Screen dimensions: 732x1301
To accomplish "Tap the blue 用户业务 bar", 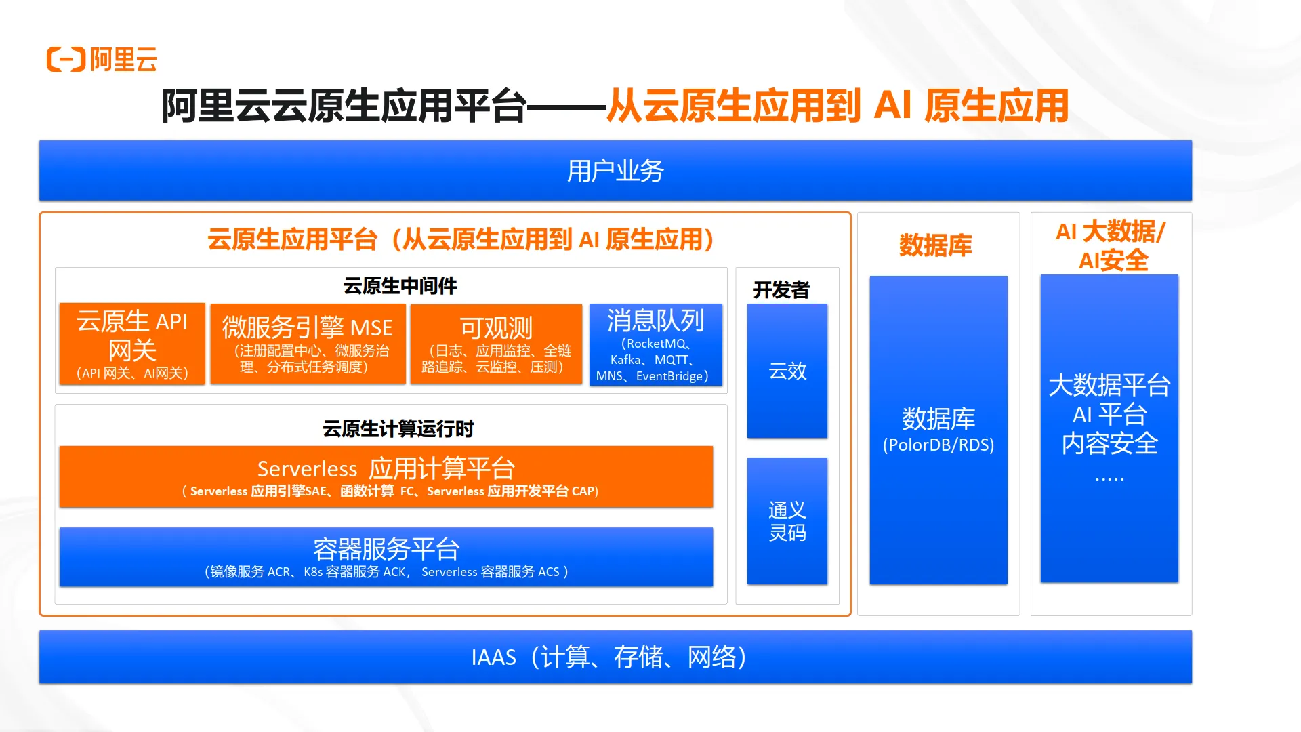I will [x=615, y=171].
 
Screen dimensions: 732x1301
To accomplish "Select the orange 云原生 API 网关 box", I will [x=132, y=344].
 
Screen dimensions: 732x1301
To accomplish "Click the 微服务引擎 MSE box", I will [x=308, y=344].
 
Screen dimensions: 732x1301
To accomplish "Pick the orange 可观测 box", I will [x=496, y=344].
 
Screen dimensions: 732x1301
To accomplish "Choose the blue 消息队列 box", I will [x=655, y=344].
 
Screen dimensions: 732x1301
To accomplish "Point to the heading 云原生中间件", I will [x=400, y=286].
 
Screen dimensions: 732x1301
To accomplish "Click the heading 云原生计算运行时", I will [x=398, y=429].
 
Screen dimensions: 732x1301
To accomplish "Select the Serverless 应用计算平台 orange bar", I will [x=386, y=476].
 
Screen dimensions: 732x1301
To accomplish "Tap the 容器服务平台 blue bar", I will [x=386, y=556].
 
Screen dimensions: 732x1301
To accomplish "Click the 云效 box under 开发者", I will [x=787, y=371].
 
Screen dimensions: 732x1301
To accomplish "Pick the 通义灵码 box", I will [x=787, y=521].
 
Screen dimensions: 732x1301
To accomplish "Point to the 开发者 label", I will [x=781, y=290].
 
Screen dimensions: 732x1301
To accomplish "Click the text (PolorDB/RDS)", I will [x=938, y=445].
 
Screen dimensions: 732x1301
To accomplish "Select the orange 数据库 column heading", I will [x=935, y=245].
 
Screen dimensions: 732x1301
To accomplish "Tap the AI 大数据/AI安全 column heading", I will [x=1111, y=245].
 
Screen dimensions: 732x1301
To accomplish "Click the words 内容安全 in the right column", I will [x=1109, y=444].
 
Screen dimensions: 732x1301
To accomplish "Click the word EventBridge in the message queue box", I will [x=669, y=376].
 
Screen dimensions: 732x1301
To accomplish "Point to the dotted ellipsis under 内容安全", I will [x=1109, y=479].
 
